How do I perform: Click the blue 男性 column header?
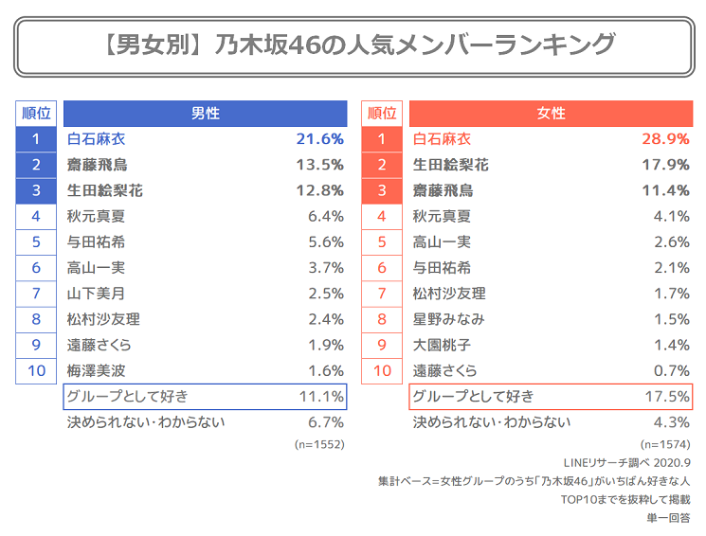[205, 113]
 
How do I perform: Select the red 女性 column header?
[551, 113]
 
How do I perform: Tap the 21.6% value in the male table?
[319, 139]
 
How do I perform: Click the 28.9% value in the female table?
[665, 139]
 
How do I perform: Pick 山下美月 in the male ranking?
[96, 294]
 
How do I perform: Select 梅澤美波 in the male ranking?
[96, 370]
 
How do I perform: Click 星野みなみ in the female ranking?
[449, 319]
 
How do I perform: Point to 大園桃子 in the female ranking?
[442, 345]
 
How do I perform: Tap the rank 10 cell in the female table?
[382, 370]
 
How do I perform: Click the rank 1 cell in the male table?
[36, 139]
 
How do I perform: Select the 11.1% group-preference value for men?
[320, 396]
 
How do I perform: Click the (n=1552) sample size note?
[318, 443]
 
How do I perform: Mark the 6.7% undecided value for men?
[325, 422]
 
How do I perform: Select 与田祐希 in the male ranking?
[96, 241]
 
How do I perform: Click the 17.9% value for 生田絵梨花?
[665, 165]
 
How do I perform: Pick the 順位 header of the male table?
[36, 113]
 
